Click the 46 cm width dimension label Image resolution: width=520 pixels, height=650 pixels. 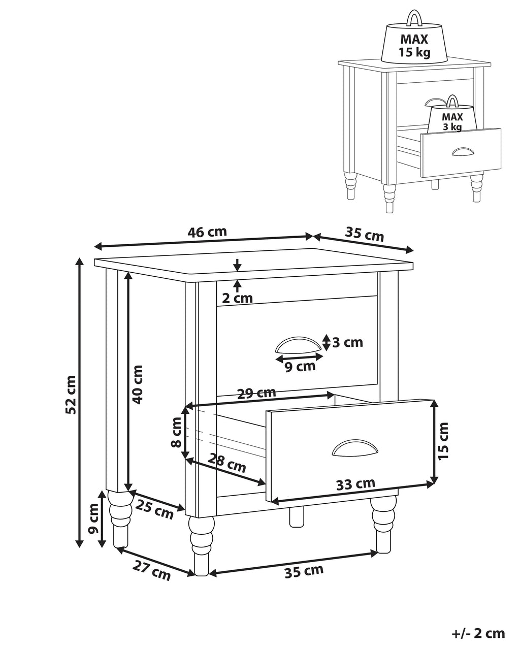[x=207, y=232]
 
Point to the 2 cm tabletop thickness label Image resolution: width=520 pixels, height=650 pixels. [x=237, y=299]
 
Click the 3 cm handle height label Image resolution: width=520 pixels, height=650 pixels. [x=347, y=342]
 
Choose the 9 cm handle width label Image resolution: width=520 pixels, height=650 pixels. [x=300, y=367]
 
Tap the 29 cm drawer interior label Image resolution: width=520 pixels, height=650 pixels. [x=256, y=393]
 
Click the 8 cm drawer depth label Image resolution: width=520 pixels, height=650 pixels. [x=176, y=432]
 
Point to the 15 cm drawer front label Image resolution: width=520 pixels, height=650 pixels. [x=443, y=441]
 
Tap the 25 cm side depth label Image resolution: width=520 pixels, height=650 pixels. [x=154, y=509]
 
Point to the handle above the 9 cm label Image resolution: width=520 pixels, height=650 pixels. [x=299, y=345]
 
